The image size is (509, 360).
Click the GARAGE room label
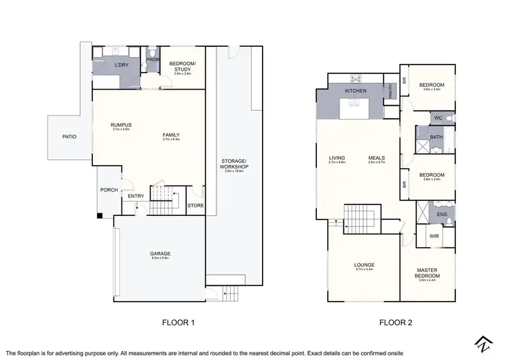tap(160, 254)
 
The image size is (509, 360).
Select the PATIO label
tap(69, 137)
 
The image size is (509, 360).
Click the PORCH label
tap(109, 190)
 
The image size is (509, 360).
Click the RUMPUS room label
tap(121, 125)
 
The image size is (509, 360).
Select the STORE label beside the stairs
tap(195, 204)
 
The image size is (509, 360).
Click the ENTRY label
tap(136, 196)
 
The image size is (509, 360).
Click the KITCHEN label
tap(356, 90)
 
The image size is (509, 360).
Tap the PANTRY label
tap(391, 91)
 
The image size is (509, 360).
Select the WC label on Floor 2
tap(438, 118)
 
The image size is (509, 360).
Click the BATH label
tap(437, 137)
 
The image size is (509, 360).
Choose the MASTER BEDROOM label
tap(428, 272)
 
